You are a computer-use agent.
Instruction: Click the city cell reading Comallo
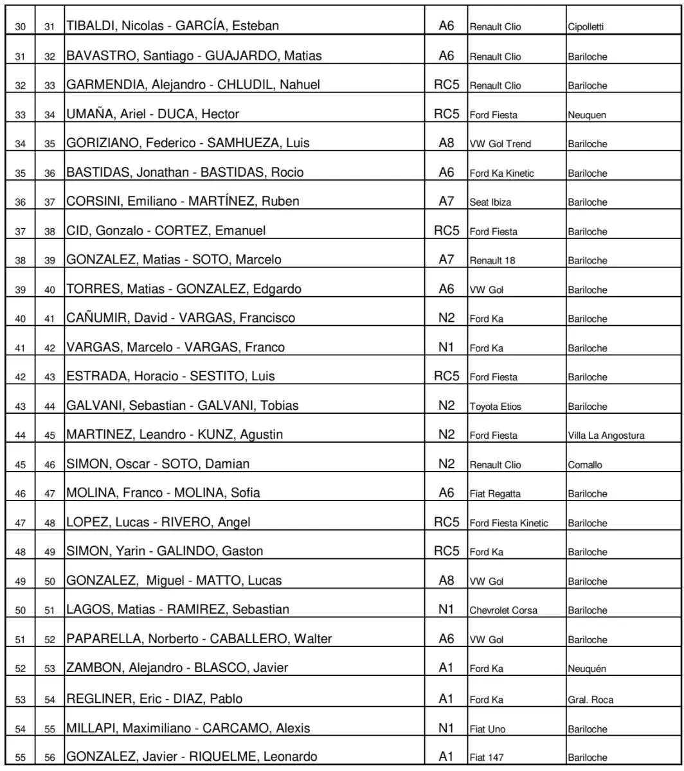(x=584, y=465)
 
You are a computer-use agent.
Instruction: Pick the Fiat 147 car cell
(x=485, y=757)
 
